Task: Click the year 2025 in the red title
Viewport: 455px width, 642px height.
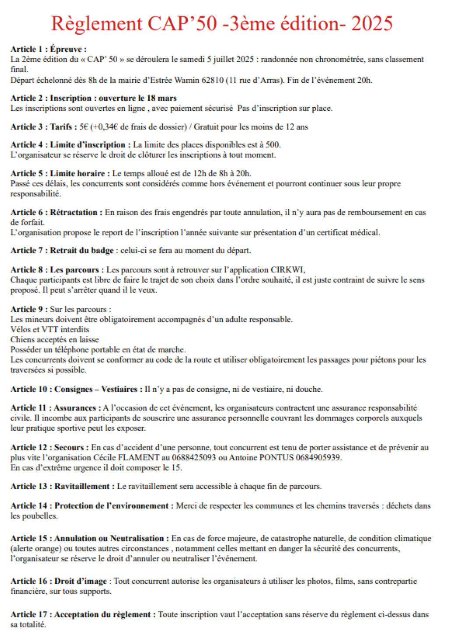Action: pos(371,24)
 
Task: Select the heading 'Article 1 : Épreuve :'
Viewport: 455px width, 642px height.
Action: pos(49,49)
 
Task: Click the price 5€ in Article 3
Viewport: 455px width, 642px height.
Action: pos(84,127)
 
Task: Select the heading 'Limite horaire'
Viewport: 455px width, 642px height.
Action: pos(77,173)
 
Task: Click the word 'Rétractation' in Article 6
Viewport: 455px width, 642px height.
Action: pos(74,212)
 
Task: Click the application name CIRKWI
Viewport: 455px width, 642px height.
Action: pos(287,270)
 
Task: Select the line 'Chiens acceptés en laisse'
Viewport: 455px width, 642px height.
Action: pos(55,340)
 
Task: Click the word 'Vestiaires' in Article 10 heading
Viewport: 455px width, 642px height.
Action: pos(119,389)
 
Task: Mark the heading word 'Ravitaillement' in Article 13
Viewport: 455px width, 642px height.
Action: pos(82,486)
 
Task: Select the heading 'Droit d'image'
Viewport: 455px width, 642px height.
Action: pos(81,581)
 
